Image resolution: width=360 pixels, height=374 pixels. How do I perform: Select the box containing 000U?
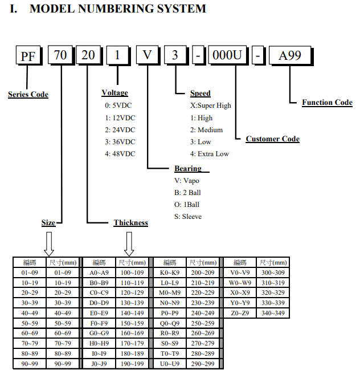[227, 56]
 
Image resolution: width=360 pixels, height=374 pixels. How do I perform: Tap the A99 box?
[289, 56]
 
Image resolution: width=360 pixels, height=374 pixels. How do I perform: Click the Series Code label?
[28, 94]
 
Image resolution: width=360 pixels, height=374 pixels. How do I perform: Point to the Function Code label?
[327, 103]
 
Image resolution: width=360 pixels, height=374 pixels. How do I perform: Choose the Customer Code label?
[272, 139]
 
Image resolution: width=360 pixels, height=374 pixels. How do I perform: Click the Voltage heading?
[114, 93]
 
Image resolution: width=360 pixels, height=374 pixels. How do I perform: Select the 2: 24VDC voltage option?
[120, 129]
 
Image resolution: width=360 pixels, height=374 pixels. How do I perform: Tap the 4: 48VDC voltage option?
[120, 153]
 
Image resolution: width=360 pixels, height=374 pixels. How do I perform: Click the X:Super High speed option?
[210, 105]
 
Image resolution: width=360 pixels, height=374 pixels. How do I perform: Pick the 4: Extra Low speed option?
[209, 153]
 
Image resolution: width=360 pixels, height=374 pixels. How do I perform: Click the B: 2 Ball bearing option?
[187, 193]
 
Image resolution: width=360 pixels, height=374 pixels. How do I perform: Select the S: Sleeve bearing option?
[187, 217]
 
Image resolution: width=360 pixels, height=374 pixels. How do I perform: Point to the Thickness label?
[130, 223]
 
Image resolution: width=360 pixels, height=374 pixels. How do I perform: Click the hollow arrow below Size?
[49, 243]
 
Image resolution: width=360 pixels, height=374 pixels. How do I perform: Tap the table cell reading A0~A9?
[99, 273]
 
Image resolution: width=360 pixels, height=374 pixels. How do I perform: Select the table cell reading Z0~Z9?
[240, 312]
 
